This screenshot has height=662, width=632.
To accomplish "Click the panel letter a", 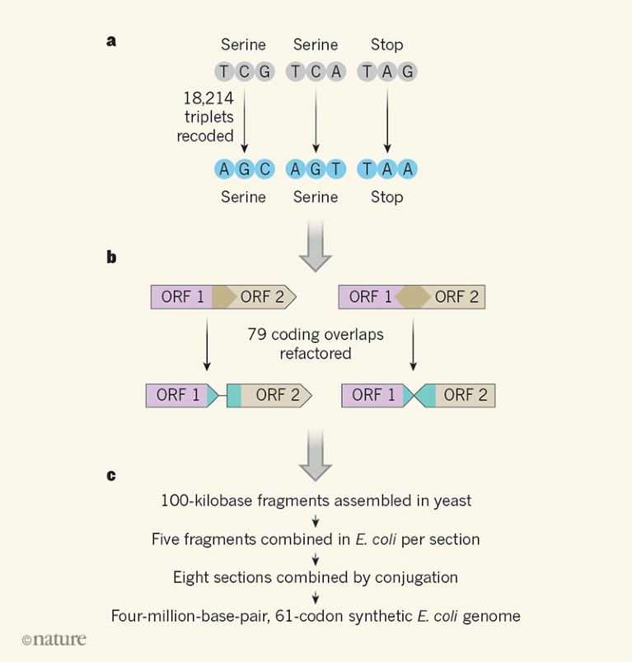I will pos(110,40).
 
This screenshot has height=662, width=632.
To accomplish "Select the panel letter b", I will pos(111,257).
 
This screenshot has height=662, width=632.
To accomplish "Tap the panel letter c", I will pos(110,475).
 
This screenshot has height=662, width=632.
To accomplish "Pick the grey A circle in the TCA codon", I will pos(335,72).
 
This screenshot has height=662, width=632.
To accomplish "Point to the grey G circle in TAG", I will pos(407,72).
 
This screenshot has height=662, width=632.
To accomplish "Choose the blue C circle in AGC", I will pos(264,169).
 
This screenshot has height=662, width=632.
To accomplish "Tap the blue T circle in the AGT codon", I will pos(335,169).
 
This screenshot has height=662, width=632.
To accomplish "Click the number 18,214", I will pos(208,98).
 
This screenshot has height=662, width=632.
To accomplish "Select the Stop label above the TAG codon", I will pos(386,45).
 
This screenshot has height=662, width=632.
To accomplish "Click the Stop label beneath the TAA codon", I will pos(386,197).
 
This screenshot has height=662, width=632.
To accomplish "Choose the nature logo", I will pos(54,639).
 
